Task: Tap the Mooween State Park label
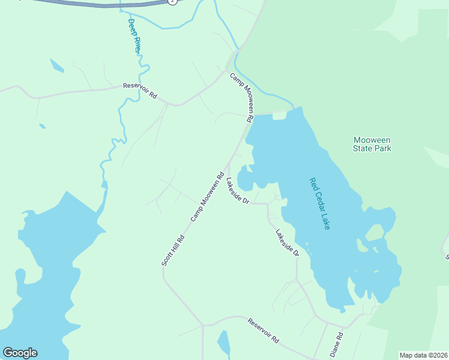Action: point(372,144)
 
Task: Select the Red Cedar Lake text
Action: point(320,203)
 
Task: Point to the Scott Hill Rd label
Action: point(172,250)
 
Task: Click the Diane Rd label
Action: point(336,343)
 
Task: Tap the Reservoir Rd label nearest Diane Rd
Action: point(264,331)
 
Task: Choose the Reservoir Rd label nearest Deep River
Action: point(140,91)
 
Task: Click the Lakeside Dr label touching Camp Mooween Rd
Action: point(238,191)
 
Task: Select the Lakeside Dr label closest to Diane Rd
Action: point(287,244)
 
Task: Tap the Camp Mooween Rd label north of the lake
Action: point(243,97)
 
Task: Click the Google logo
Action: point(20,353)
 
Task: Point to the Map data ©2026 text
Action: point(424,355)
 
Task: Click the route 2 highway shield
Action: point(173,2)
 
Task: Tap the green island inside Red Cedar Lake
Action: point(375,232)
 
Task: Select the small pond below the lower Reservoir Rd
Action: point(223,343)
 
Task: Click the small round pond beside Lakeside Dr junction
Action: point(246,180)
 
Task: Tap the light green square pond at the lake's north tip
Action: point(279,116)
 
